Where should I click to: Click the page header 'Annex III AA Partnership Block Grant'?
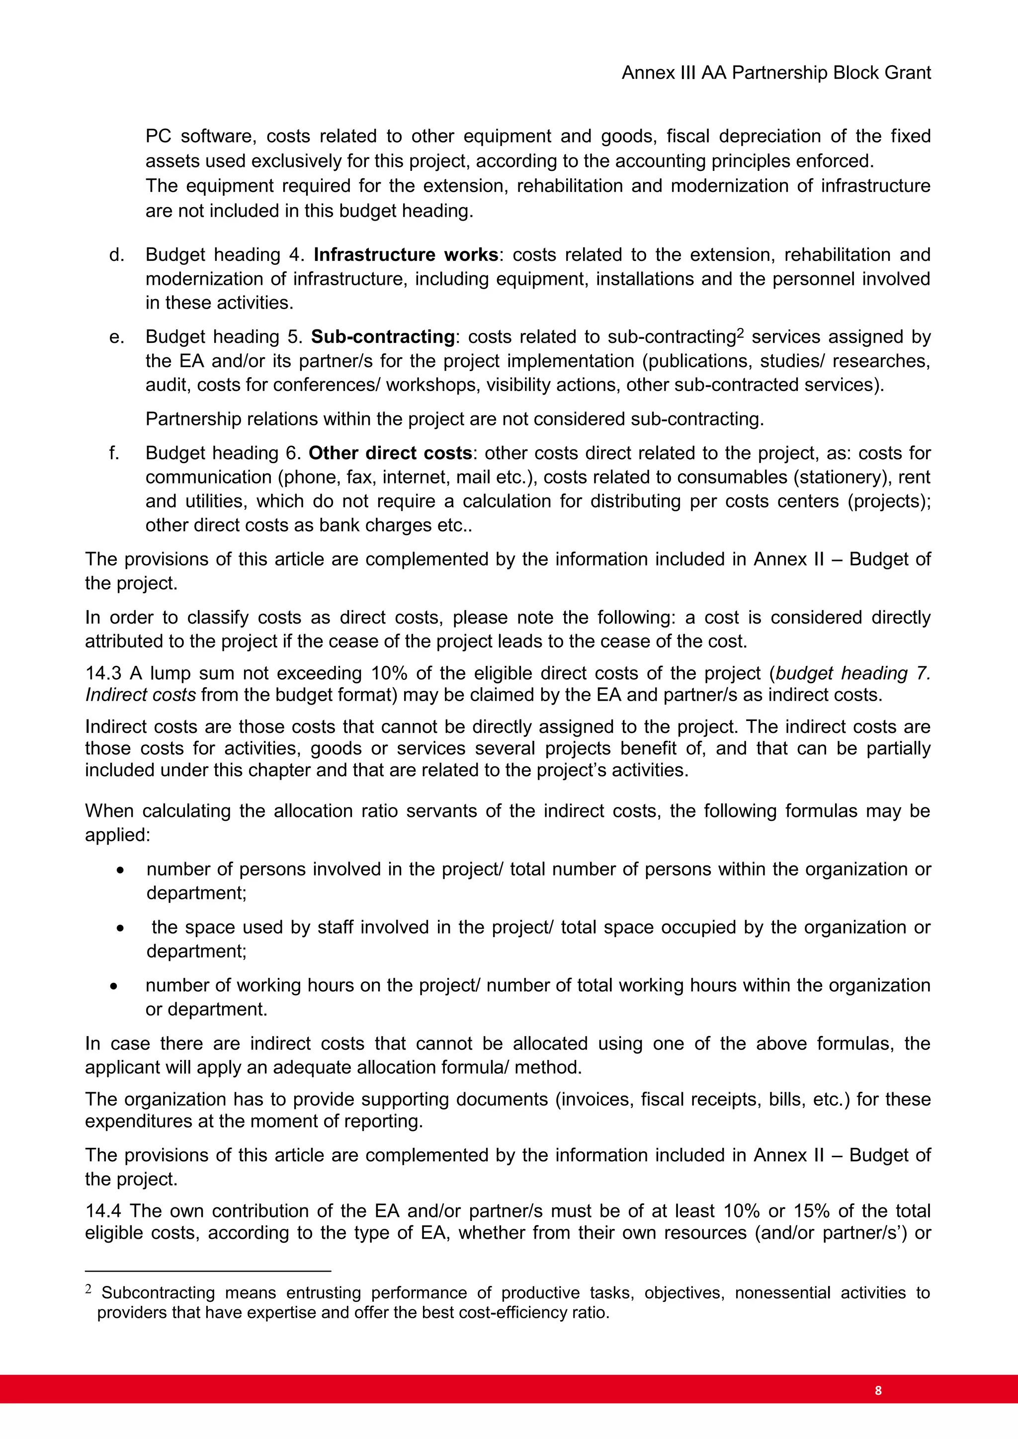point(775,74)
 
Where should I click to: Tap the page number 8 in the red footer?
point(878,1390)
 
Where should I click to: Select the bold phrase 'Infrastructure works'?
point(406,254)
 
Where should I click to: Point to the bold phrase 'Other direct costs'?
point(390,453)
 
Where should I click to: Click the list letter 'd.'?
point(117,254)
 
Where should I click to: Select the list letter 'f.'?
point(114,453)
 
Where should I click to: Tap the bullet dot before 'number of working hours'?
point(113,986)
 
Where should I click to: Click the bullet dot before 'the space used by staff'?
point(120,928)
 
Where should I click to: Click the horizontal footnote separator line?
point(207,1271)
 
